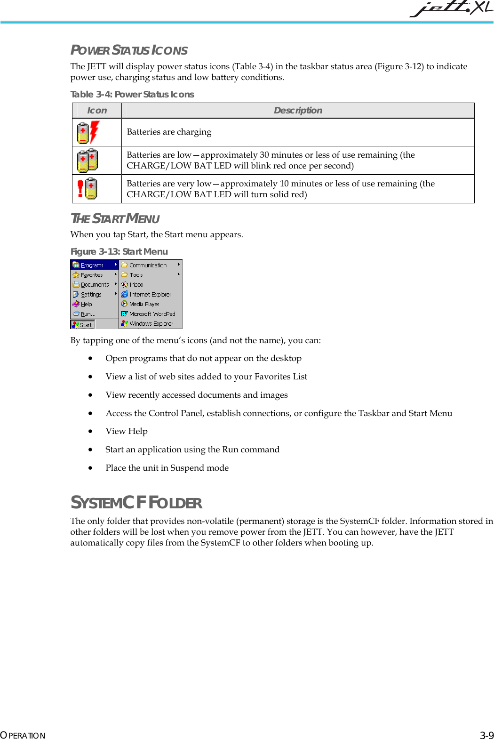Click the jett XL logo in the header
[x=451, y=9]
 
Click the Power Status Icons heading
[x=129, y=50]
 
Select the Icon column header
[x=97, y=111]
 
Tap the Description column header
[x=298, y=111]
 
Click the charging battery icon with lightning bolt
[x=88, y=132]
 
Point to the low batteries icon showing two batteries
[x=88, y=161]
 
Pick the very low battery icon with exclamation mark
[x=88, y=189]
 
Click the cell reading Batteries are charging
[x=169, y=132]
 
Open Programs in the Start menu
[x=92, y=265]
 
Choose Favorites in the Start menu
[x=92, y=275]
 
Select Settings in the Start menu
[x=91, y=295]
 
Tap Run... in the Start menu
[x=88, y=314]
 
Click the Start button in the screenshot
[x=83, y=325]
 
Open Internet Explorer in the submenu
[x=150, y=295]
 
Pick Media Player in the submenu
[x=144, y=304]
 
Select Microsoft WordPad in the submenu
[x=151, y=314]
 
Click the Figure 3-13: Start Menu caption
[x=119, y=252]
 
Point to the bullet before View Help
[x=90, y=432]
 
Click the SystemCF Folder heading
[x=136, y=503]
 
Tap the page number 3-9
[x=486, y=735]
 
